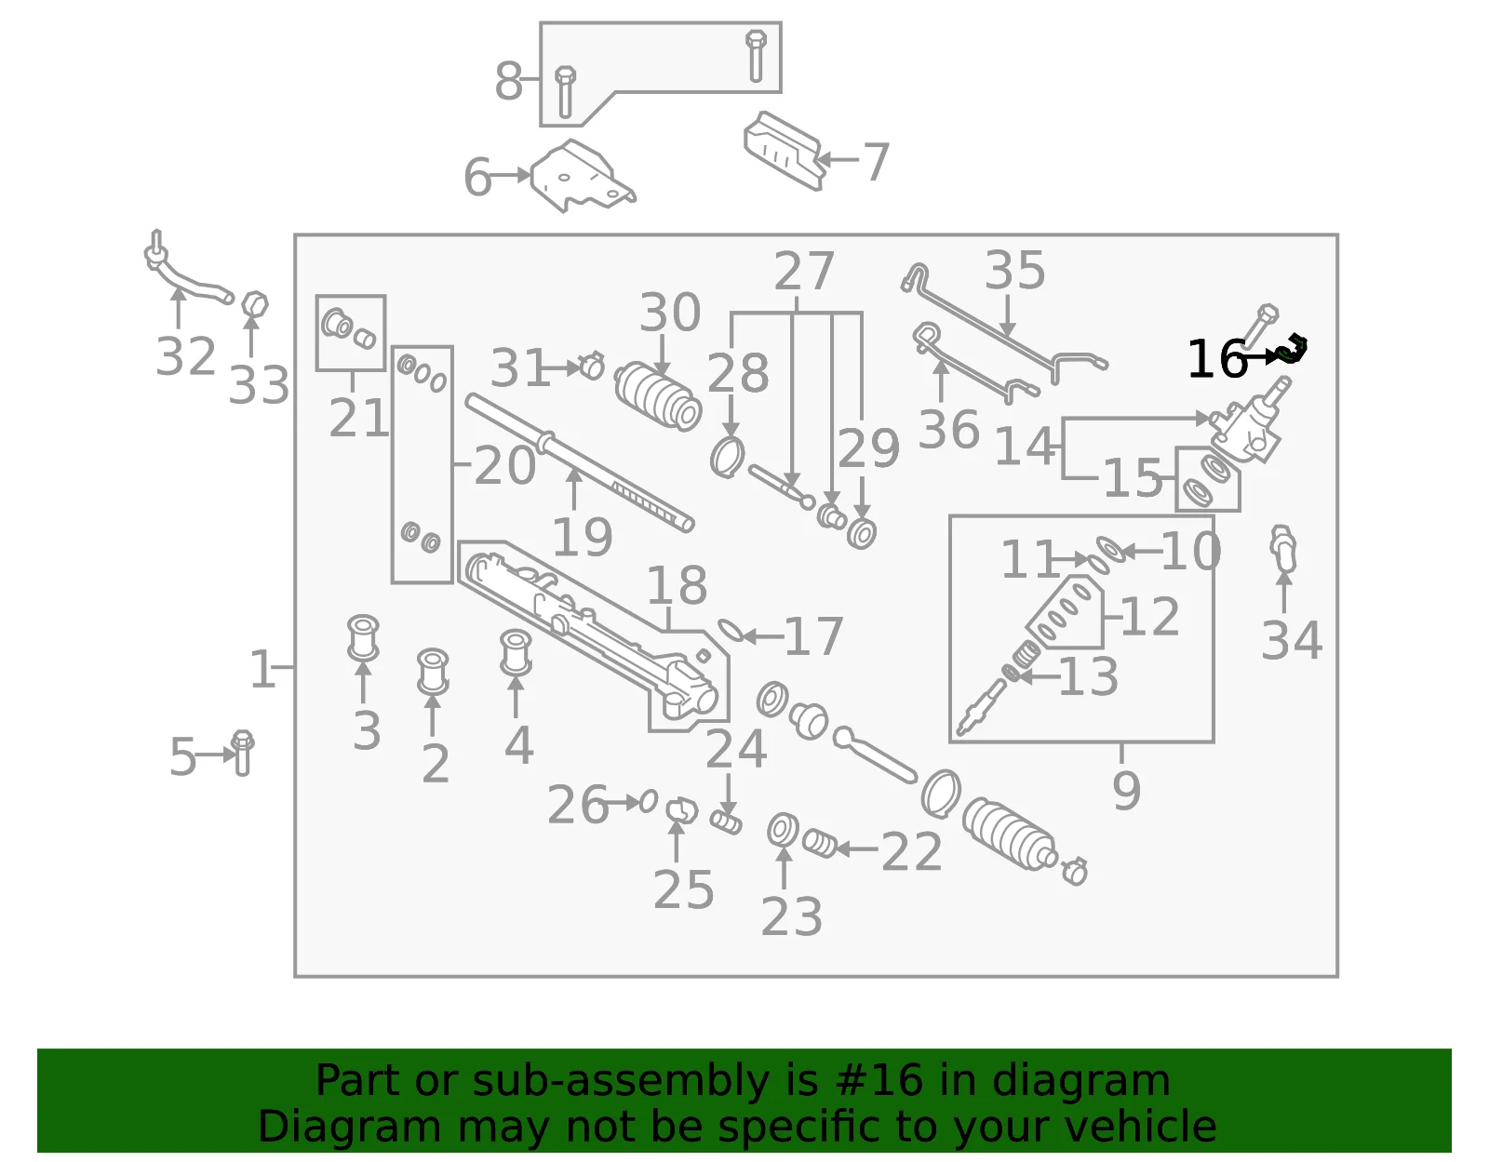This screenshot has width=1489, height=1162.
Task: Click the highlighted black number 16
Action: coord(1217,359)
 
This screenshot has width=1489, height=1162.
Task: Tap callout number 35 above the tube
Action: coord(1014,270)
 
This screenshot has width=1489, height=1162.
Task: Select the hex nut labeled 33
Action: coord(256,305)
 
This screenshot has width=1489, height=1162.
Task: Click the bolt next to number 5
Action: coord(243,753)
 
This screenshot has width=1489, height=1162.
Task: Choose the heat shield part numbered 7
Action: coord(784,151)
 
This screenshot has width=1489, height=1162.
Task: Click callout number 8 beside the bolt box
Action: coord(508,80)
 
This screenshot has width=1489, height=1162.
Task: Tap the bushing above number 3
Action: coord(363,637)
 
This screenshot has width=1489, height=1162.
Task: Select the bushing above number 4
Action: coord(516,652)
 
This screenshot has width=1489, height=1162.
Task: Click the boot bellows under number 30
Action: coord(658,396)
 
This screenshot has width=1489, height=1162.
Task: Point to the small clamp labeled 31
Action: coord(592,366)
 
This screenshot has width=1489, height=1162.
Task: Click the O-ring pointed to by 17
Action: coord(730,631)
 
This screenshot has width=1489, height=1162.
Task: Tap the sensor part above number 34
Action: coord(1282,549)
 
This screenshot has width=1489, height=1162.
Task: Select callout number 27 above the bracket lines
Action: coord(804,271)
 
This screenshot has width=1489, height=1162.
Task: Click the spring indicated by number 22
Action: coord(820,844)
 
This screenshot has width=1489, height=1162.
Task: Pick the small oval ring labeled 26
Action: coord(649,801)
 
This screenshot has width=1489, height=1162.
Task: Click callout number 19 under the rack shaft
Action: coord(582,538)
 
